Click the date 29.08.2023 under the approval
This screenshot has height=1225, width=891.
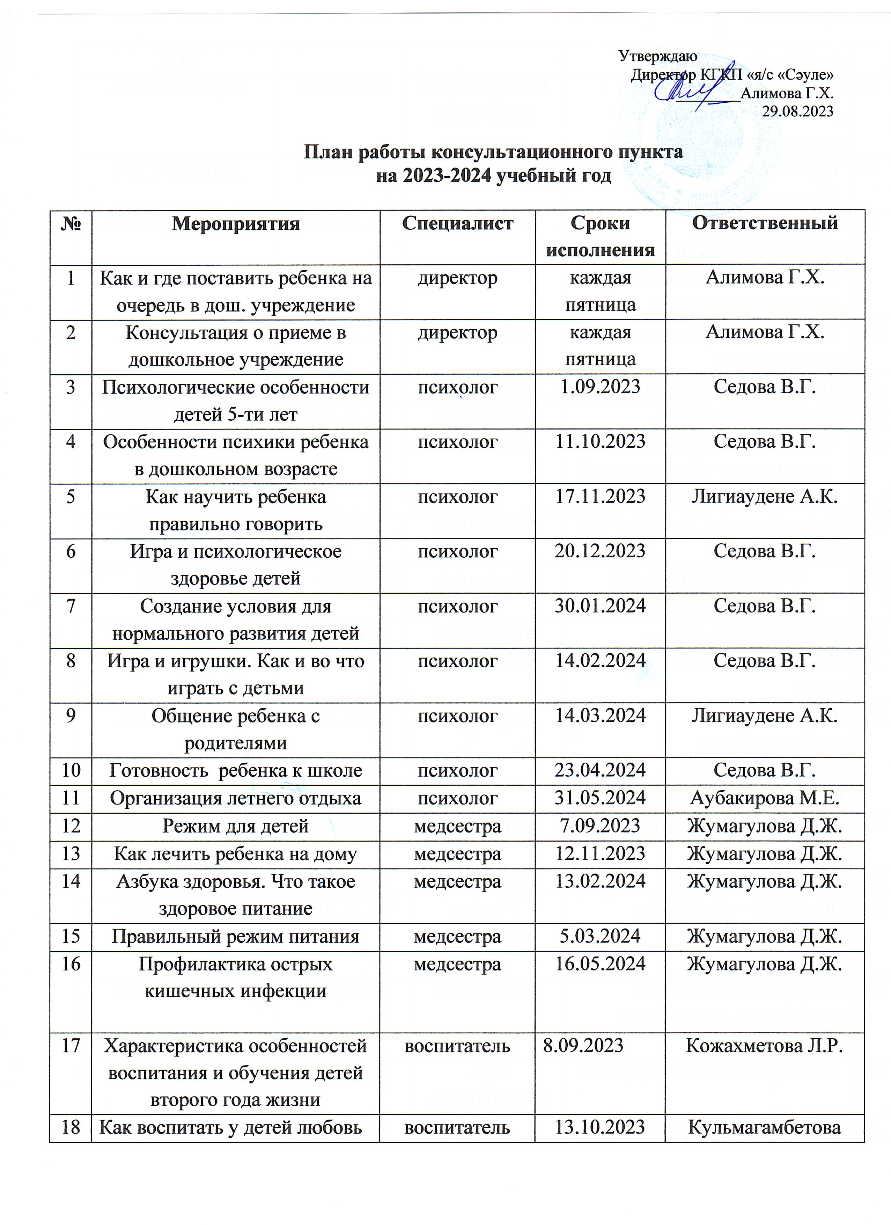pos(797,111)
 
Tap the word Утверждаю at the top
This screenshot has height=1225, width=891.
pos(658,56)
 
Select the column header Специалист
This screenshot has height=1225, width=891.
pos(457,223)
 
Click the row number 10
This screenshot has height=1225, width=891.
pos(71,770)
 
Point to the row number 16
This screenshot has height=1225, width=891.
pos(71,964)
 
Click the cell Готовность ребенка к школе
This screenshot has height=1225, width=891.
pos(235,770)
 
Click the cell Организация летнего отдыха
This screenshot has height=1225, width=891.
pos(235,798)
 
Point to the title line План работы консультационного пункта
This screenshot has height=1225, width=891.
pos(493,152)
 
